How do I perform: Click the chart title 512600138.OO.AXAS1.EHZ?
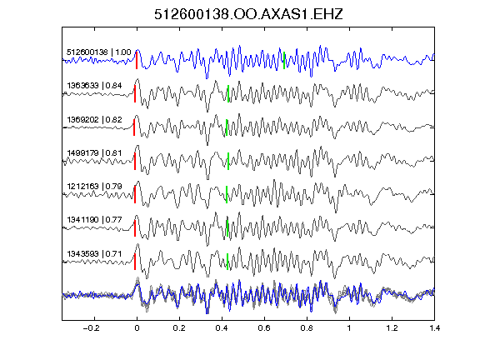[248, 14]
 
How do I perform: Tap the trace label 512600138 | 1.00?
[99, 52]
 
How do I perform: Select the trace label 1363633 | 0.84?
[94, 85]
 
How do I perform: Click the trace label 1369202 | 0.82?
[94, 119]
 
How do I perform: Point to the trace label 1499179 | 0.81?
[94, 152]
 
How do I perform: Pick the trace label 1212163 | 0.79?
[94, 186]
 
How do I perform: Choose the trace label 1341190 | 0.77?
[94, 220]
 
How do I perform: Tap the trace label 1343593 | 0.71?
[94, 254]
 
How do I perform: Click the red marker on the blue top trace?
[137, 60]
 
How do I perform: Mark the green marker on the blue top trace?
[284, 60]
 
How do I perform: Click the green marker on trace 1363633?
[228, 93]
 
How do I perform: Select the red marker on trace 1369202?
[134, 127]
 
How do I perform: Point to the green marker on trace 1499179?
[228, 161]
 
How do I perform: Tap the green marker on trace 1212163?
[227, 194]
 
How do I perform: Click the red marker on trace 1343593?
[135, 262]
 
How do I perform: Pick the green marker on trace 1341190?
[227, 228]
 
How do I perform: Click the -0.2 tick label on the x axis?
[91, 328]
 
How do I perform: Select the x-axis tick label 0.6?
[264, 328]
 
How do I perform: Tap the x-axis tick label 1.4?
[434, 328]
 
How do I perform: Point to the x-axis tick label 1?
[349, 328]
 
